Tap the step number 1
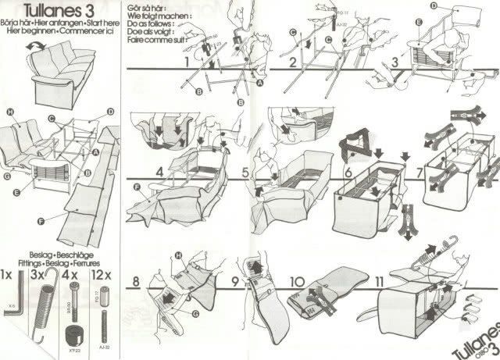(187, 59)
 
